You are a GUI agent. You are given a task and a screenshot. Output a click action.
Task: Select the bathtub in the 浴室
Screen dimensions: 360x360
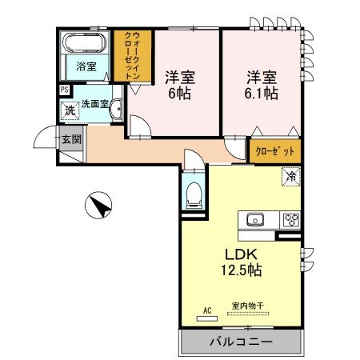(x=86, y=44)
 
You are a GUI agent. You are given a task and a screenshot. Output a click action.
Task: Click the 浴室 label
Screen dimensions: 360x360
(x=86, y=66)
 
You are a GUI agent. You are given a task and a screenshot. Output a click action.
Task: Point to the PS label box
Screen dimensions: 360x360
(x=64, y=90)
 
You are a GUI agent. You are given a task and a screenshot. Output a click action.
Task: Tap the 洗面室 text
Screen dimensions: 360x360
(x=97, y=104)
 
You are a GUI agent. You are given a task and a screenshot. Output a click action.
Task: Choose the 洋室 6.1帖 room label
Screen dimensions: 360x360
(x=261, y=85)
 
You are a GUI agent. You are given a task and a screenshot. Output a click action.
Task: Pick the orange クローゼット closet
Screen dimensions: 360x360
(x=274, y=150)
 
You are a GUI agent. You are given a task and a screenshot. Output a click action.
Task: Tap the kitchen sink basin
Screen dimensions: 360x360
(x=257, y=220)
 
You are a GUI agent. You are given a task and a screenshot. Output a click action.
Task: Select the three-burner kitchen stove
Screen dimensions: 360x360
(x=290, y=220)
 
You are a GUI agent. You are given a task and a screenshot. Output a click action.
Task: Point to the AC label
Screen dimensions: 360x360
(x=206, y=309)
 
